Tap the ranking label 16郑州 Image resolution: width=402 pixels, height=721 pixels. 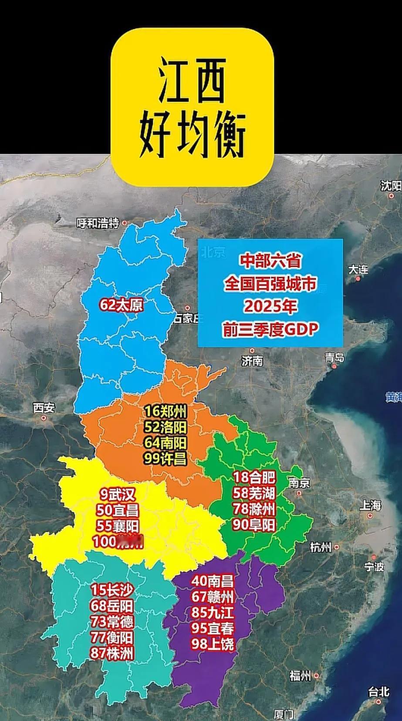166,411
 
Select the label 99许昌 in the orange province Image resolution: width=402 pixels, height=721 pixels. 166,458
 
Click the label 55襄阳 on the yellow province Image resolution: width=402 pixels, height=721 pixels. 118,526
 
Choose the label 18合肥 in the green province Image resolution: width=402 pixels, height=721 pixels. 254,478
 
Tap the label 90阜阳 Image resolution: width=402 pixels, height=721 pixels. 254,525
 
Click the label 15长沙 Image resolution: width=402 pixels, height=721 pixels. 112,590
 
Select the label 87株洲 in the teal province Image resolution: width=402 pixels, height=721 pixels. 112,653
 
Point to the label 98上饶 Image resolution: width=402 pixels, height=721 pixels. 213,644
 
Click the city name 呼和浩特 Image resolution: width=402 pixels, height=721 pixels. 98,224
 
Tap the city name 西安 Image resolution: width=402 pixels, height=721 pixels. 44,408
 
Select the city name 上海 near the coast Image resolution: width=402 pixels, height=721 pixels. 371,505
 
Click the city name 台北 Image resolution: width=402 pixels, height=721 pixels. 378,691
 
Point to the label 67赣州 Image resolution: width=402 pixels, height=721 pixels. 213,597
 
